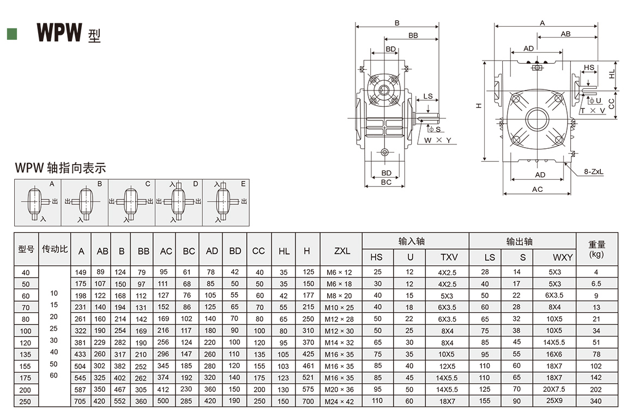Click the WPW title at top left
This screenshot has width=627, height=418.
coord(59,32)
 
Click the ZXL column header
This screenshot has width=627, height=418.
coord(341,251)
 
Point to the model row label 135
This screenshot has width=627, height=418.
coord(26,354)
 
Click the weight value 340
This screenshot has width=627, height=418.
coord(596,401)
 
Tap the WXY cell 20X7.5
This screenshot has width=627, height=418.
coord(554,390)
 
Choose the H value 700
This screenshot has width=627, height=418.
coord(308,401)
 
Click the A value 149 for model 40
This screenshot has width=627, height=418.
coord(81,272)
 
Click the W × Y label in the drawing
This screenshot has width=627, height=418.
coord(438,140)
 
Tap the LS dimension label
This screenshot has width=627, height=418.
coord(428,96)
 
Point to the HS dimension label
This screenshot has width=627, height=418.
coord(589,68)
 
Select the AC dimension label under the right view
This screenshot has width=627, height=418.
coord(537,189)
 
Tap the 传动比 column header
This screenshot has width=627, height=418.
coord(55,249)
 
